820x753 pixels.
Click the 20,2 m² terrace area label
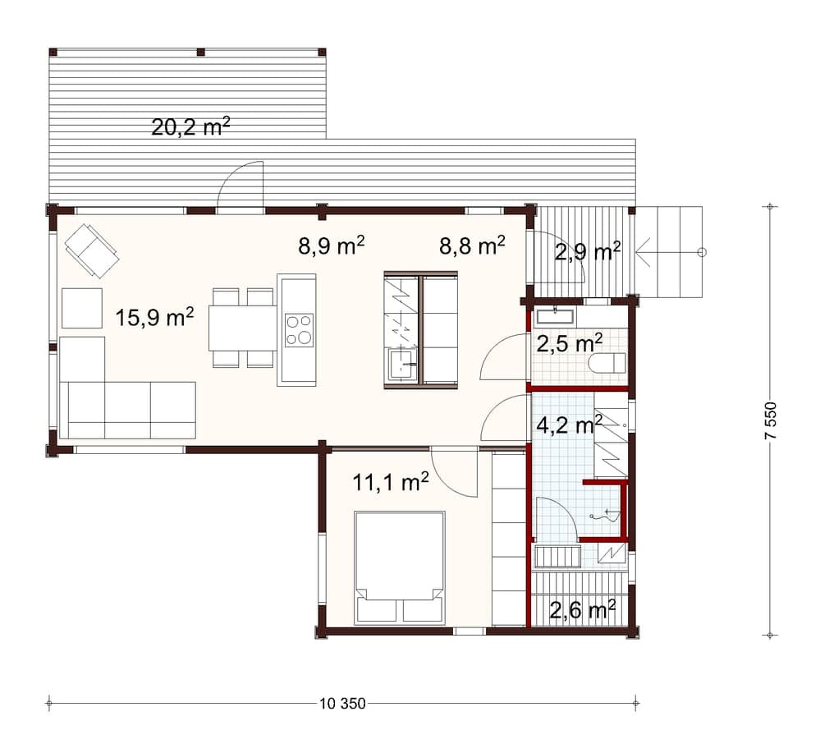pyautogui.click(x=191, y=126)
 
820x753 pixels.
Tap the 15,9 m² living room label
pyautogui.click(x=155, y=317)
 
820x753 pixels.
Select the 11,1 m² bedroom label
pyautogui.click(x=391, y=482)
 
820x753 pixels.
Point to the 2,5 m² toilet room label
pyautogui.click(x=570, y=344)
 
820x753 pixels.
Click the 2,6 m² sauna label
pyautogui.click(x=582, y=609)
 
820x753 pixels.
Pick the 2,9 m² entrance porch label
pyautogui.click(x=588, y=252)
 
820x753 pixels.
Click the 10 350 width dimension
pyautogui.click(x=342, y=704)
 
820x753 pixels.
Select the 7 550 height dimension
pyautogui.click(x=772, y=420)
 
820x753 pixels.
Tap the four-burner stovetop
pyautogui.click(x=299, y=330)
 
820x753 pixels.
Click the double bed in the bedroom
pyautogui.click(x=400, y=567)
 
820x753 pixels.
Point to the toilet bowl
pyautogui.click(x=607, y=363)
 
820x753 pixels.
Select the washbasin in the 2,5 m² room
pyautogui.click(x=554, y=317)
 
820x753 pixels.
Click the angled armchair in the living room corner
pyautogui.click(x=92, y=250)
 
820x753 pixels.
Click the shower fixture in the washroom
pyautogui.click(x=607, y=516)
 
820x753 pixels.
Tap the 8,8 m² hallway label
pyautogui.click(x=472, y=246)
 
